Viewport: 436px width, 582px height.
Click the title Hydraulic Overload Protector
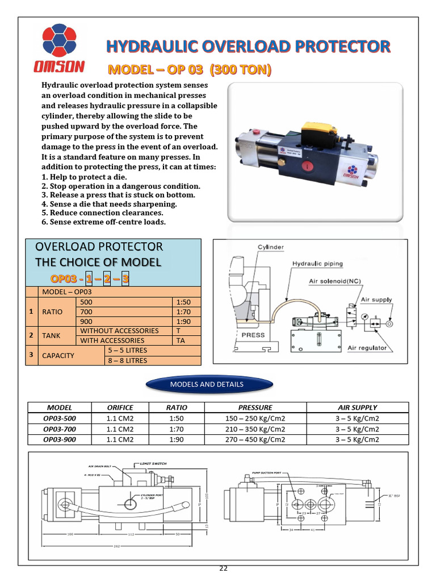(x=249, y=46)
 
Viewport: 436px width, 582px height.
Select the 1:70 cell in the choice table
(x=186, y=311)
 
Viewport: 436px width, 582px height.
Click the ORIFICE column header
(x=120, y=408)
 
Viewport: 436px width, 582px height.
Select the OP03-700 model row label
(x=60, y=429)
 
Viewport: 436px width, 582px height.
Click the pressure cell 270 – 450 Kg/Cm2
(x=255, y=439)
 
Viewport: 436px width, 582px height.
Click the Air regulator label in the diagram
(x=367, y=348)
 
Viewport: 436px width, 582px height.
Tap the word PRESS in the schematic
(x=253, y=335)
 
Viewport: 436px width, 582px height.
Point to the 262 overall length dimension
(x=116, y=547)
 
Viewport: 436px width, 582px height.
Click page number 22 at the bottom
(x=224, y=568)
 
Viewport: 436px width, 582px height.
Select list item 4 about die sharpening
(x=110, y=203)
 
